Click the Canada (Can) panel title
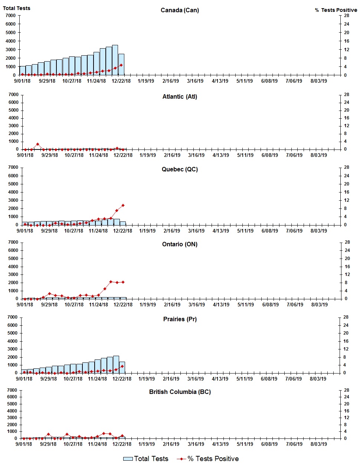click(180, 10)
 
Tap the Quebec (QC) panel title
click(180, 169)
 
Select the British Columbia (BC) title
click(180, 392)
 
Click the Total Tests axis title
click(17, 8)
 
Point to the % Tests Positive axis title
click(336, 10)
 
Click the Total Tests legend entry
click(146, 459)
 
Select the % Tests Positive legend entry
click(208, 459)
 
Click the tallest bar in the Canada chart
click(115, 60)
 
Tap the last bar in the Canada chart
click(121, 65)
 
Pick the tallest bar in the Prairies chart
click(116, 364)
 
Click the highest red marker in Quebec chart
click(123, 205)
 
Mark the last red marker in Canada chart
click(121, 65)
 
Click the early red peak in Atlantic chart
click(37, 144)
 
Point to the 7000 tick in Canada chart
click(10, 16)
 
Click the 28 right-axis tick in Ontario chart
click(347, 242)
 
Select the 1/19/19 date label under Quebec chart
click(147, 231)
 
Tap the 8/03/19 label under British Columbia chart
click(318, 444)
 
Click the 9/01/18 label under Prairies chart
click(24, 379)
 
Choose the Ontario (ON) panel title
click(180, 244)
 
